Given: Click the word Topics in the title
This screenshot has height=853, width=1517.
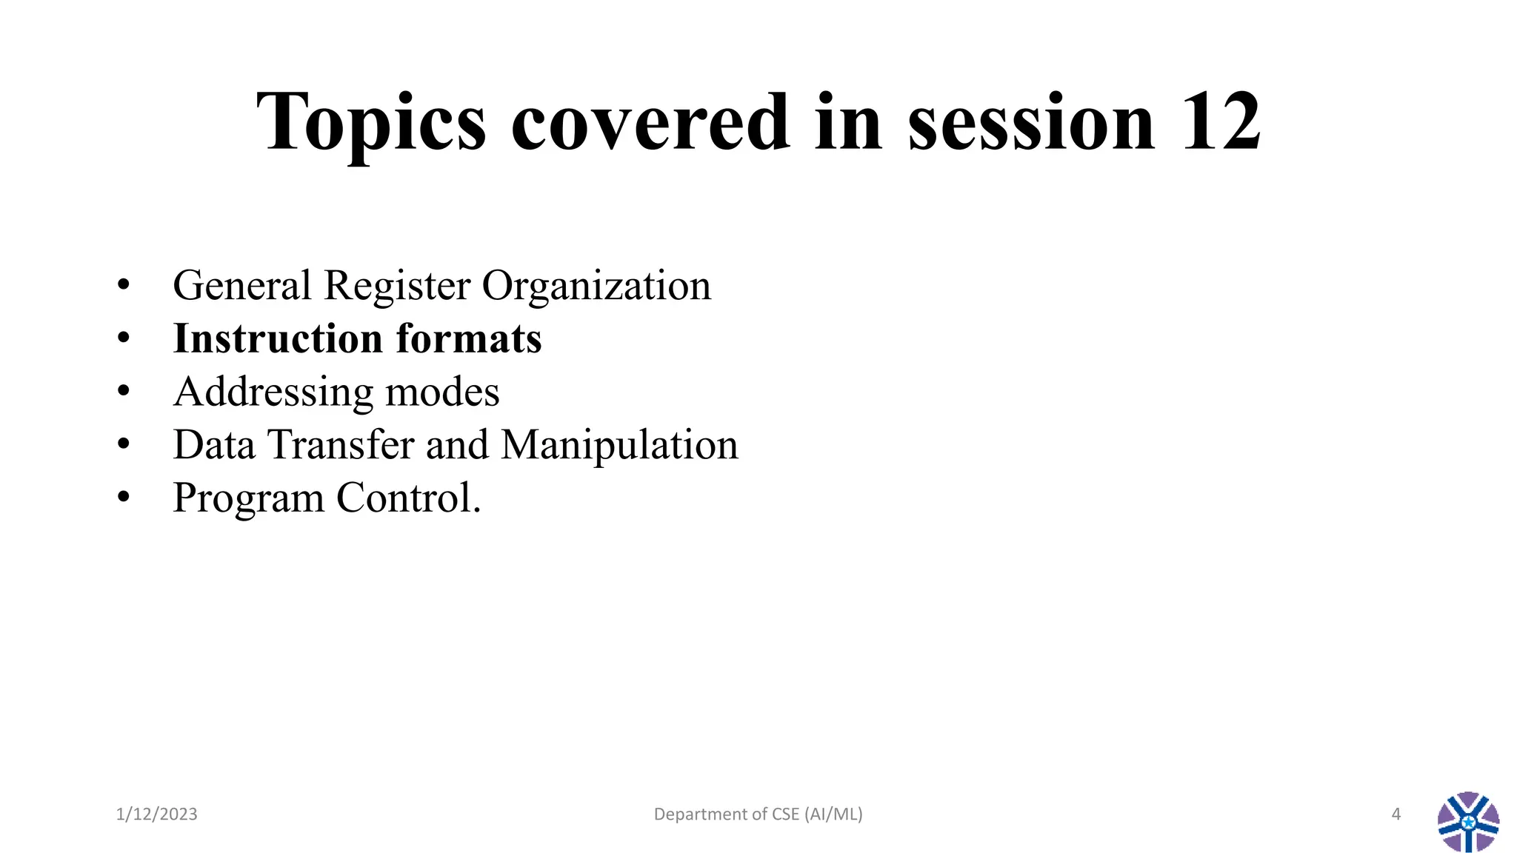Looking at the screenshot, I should (371, 122).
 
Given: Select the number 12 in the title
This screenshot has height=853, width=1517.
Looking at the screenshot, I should (1221, 122).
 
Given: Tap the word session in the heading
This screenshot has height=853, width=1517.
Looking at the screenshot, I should (1031, 122).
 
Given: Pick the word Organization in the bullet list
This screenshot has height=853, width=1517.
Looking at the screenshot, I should (596, 286).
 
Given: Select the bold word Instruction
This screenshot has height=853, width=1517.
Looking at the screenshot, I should (277, 339).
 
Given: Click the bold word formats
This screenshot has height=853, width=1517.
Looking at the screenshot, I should (469, 339).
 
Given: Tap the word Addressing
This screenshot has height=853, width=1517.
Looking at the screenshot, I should (272, 392).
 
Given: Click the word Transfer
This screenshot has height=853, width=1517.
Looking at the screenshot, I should (341, 445).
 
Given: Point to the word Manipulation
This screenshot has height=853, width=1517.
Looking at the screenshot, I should (619, 445).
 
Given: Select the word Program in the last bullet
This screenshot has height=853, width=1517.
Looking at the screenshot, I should (248, 499).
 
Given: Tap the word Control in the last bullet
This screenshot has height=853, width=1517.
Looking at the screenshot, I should (404, 498).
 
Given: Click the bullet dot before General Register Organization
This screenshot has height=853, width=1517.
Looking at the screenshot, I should (124, 286).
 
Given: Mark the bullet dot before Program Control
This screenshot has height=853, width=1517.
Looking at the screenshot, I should (124, 498).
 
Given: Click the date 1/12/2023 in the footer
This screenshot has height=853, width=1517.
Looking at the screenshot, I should (157, 814).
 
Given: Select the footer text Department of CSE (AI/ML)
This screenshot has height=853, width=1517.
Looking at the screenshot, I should (758, 814).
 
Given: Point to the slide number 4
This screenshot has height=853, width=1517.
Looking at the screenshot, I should (1396, 814).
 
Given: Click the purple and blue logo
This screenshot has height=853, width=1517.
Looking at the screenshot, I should (1468, 822).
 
